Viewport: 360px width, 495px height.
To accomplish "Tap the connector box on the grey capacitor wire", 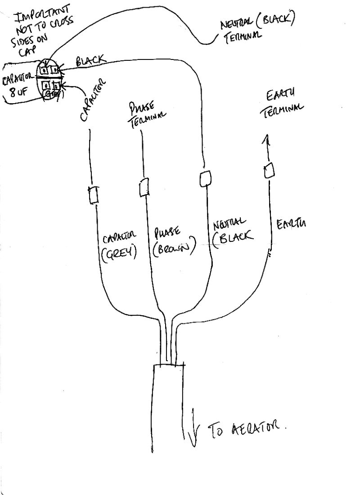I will point(94,195).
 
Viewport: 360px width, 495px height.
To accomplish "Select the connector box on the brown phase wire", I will point(144,187).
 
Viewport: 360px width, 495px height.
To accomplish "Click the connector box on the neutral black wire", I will point(205,178).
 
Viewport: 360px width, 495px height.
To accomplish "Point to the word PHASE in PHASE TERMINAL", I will point(142,109).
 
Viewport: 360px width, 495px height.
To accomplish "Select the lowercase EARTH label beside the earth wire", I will point(291,224).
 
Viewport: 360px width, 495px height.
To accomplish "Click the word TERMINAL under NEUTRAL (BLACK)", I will point(243,38).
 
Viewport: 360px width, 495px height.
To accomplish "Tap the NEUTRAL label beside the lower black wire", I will point(229,224).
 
